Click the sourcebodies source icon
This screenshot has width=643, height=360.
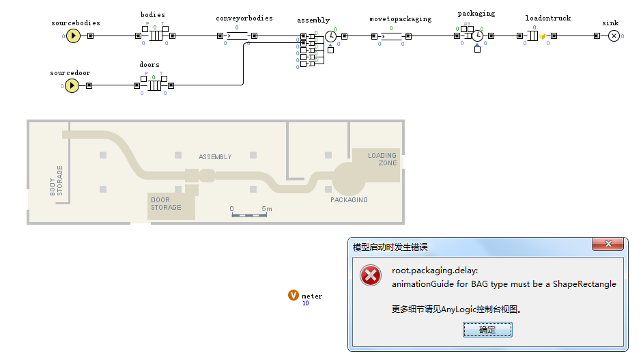pos(73,36)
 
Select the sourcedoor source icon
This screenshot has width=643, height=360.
pos(73,85)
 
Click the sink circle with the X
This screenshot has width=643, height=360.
pos(614,36)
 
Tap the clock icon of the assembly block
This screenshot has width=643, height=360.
pos(330,36)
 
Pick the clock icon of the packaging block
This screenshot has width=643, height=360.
pos(478,36)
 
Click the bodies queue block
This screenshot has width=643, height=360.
pos(156,36)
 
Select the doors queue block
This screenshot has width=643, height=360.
pos(155,85)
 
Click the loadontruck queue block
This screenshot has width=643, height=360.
pos(534,36)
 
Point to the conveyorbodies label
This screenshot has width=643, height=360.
pos(244,18)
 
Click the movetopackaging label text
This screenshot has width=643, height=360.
pos(401,19)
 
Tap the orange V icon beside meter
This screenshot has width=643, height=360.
pos(294,295)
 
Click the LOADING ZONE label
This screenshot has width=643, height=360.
pos(382,159)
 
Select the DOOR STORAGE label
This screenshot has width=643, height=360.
pos(166,204)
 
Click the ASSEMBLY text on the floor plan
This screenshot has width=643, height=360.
pos(215,157)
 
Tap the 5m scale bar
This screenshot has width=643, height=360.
pos(249,215)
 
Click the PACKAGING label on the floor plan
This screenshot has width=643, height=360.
pos(349,200)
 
